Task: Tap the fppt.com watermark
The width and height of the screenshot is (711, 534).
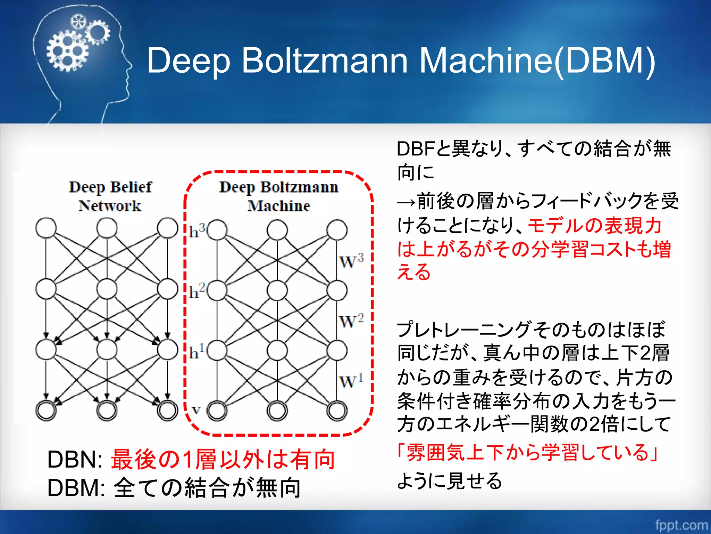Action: click(x=681, y=525)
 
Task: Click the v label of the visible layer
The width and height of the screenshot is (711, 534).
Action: click(x=196, y=410)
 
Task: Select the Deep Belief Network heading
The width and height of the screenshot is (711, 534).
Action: click(x=110, y=196)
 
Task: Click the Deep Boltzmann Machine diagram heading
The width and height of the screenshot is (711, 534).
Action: click(x=278, y=196)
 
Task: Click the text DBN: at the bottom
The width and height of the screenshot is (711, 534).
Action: click(x=75, y=460)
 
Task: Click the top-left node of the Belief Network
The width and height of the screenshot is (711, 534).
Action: click(x=46, y=228)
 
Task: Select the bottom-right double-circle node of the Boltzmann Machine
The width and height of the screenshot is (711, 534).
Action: click(x=337, y=411)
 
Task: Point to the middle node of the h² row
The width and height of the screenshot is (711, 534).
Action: click(x=277, y=290)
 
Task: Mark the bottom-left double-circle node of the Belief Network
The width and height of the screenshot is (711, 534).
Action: click(x=46, y=411)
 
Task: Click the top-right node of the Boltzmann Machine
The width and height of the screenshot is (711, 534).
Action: click(x=337, y=230)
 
